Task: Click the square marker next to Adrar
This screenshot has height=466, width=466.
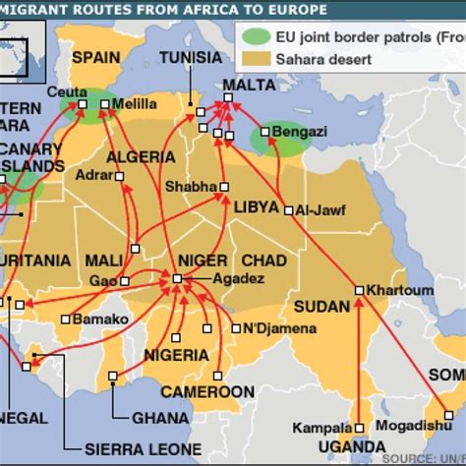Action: (x=119, y=178)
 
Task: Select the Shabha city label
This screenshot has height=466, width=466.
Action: (x=185, y=185)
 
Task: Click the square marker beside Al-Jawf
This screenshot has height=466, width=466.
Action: (x=286, y=209)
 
